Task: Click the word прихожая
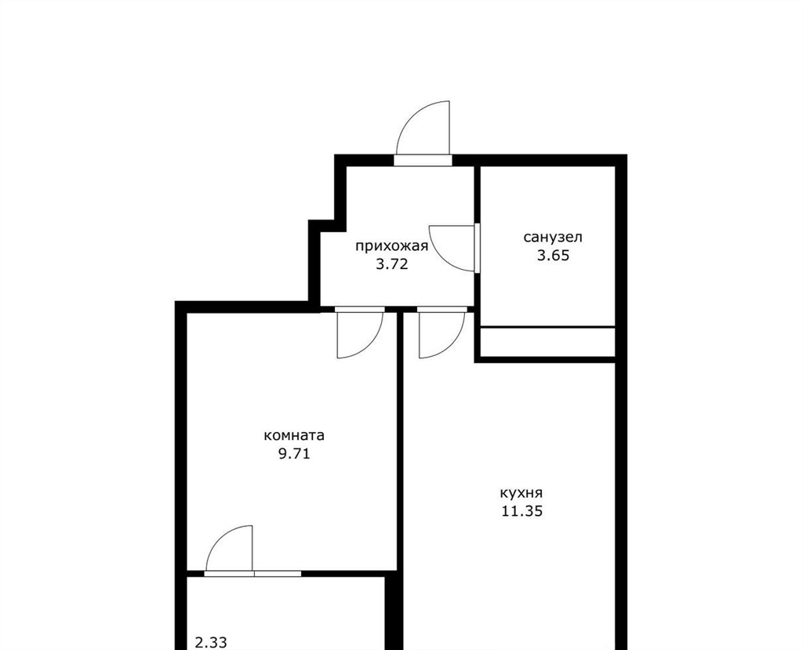(x=392, y=247)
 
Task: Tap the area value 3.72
(x=392, y=264)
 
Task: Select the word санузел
(x=553, y=238)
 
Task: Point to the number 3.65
(x=553, y=255)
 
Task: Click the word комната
(x=294, y=436)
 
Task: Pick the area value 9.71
(x=294, y=453)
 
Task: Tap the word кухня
(x=521, y=493)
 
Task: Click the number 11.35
(x=521, y=511)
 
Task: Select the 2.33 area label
(x=211, y=642)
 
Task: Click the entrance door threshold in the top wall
(x=423, y=160)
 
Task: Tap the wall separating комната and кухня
(x=400, y=441)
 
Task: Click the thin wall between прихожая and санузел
(x=477, y=240)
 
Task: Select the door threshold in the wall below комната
(x=253, y=573)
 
